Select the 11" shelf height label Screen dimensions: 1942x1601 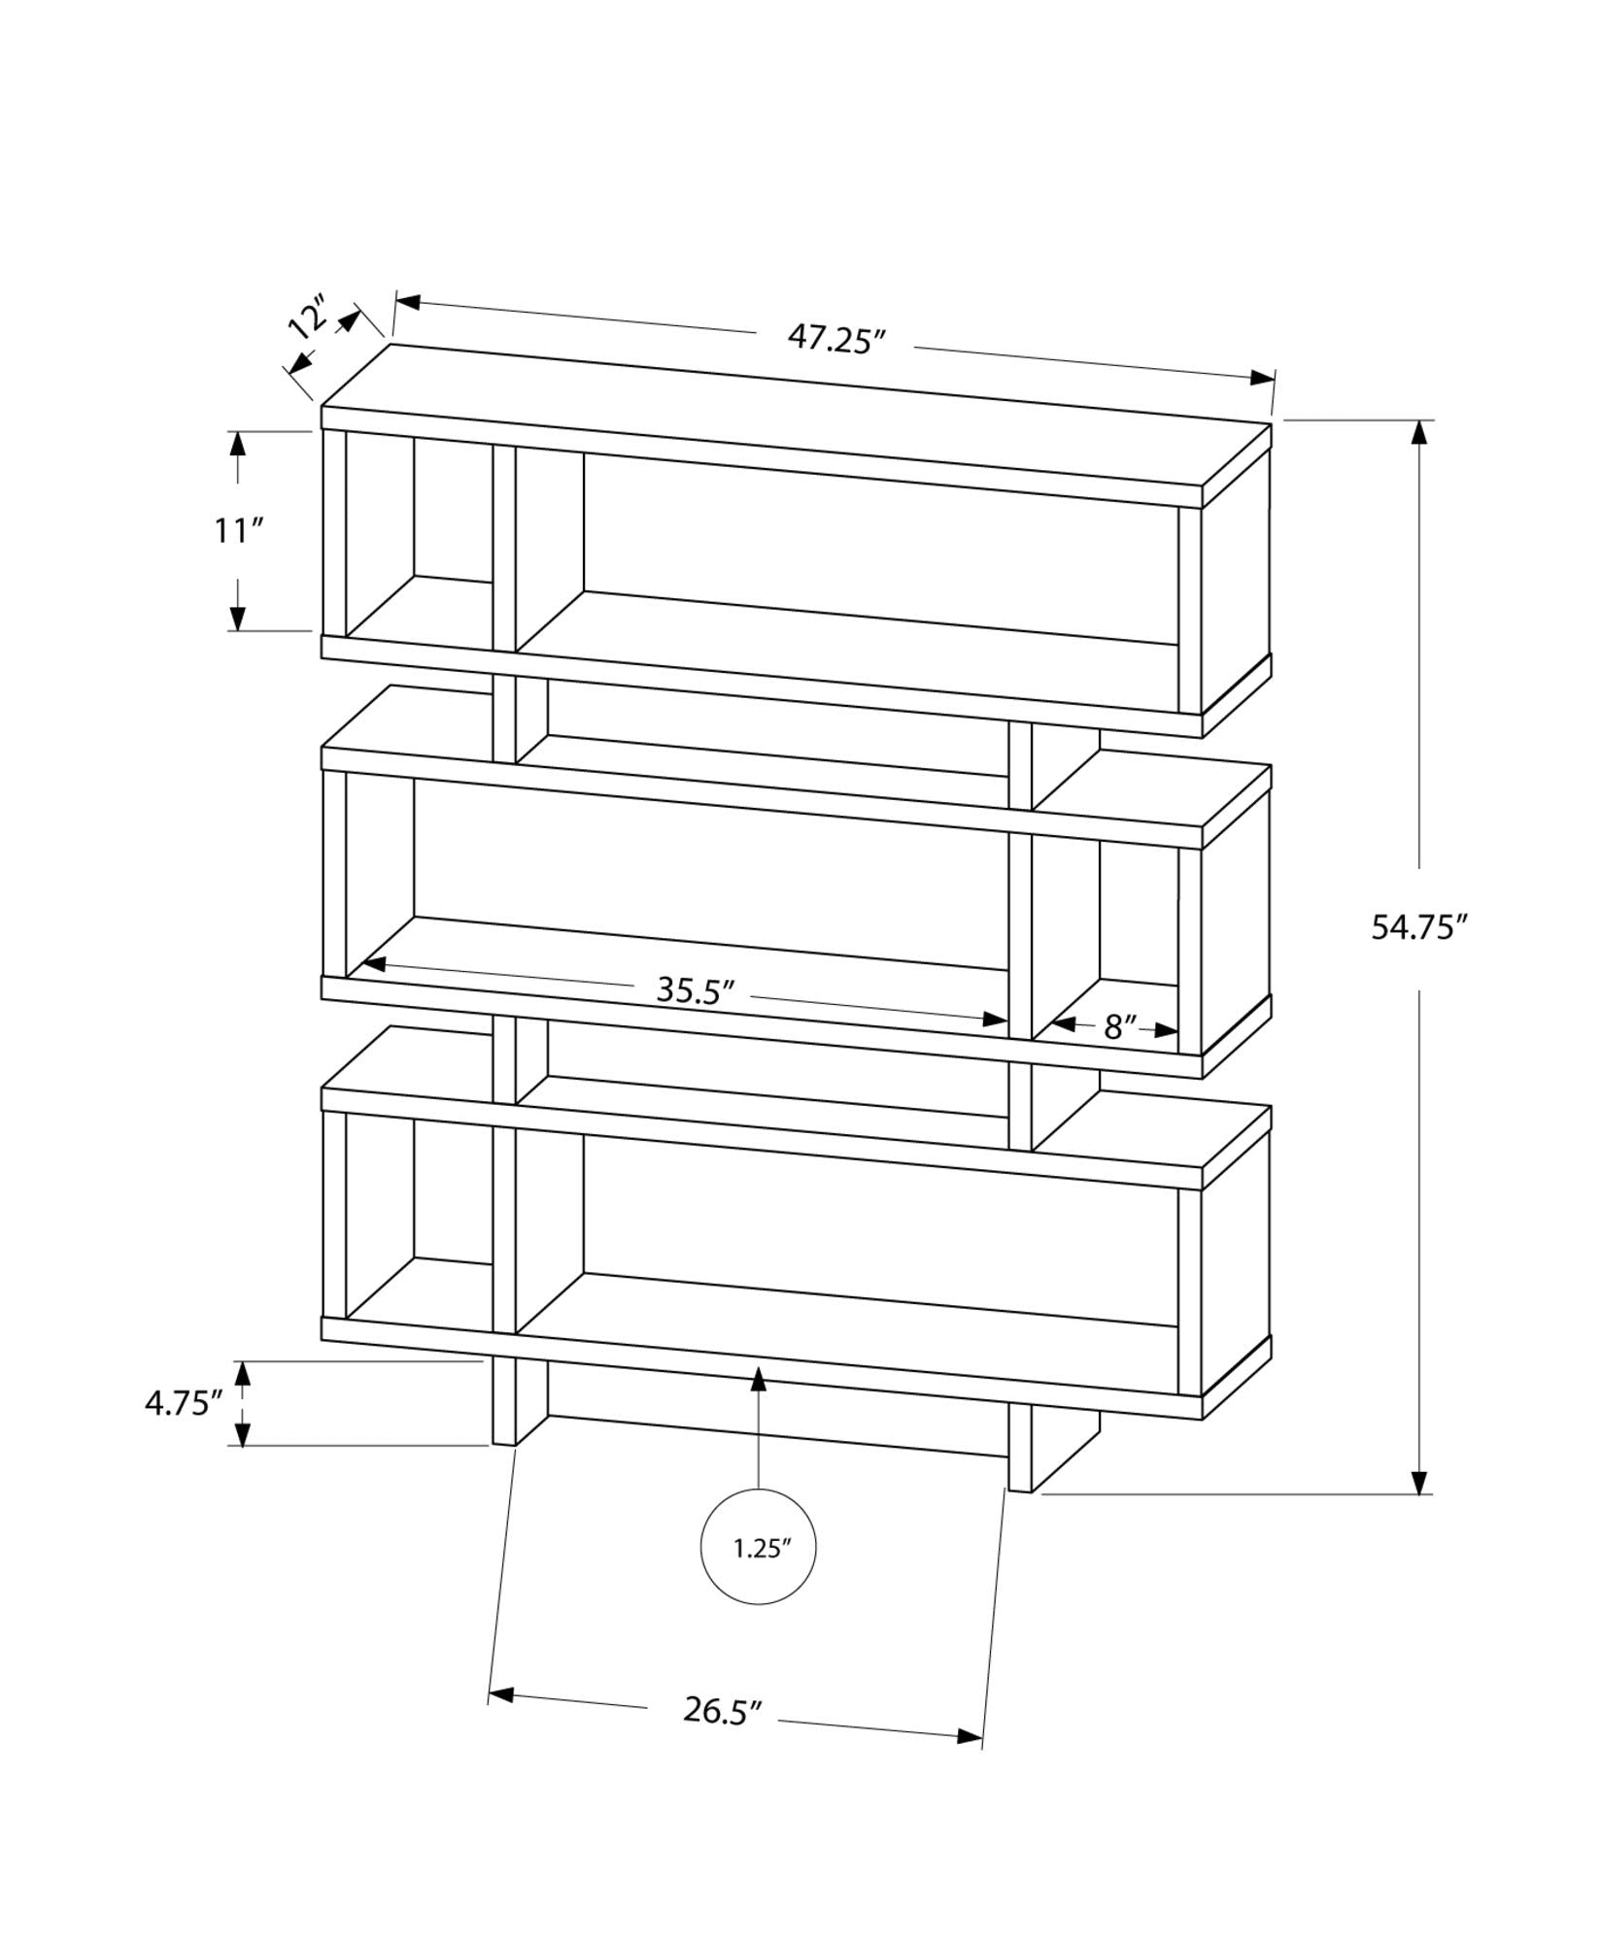[239, 531]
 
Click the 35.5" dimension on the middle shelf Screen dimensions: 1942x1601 [694, 990]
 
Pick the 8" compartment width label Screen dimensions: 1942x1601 [1119, 1026]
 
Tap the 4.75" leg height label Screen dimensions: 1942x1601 [185, 1403]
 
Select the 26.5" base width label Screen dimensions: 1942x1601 [720, 1710]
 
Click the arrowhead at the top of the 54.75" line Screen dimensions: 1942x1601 [1420, 433]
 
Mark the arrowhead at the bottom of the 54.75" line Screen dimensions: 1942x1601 [1420, 1508]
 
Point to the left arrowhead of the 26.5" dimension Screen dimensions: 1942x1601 [500, 1695]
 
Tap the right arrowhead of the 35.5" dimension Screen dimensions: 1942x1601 [995, 1019]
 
